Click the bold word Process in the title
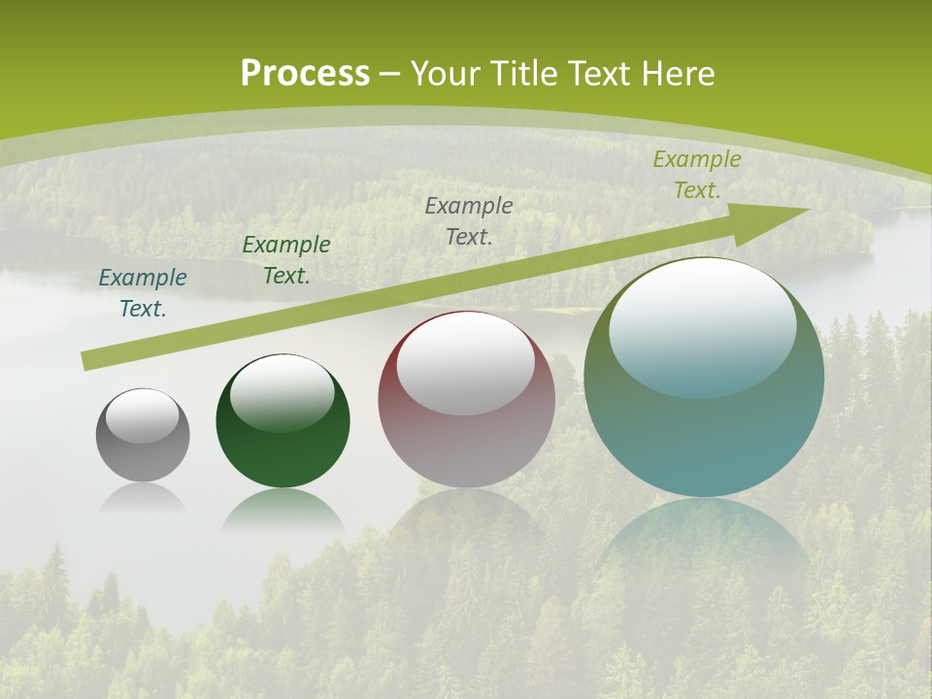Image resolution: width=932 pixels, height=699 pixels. point(305,74)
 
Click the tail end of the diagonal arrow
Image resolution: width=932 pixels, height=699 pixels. point(85,361)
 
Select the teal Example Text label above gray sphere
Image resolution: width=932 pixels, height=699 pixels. point(143,293)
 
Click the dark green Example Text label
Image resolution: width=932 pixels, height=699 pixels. point(286,260)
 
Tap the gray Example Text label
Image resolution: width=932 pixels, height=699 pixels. point(469,220)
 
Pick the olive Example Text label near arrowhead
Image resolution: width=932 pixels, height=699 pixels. point(696,175)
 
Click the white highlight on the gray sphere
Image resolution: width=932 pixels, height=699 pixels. point(142,416)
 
